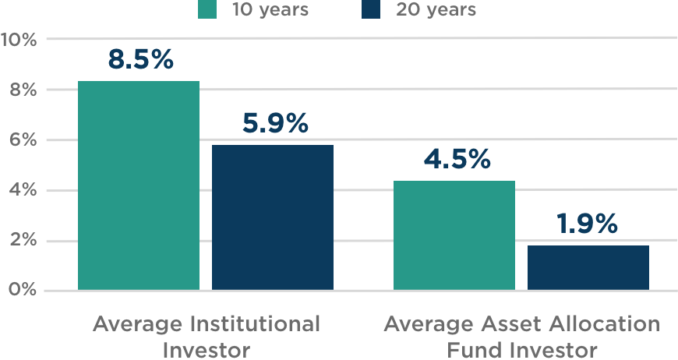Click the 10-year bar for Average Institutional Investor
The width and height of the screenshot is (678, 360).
(139, 186)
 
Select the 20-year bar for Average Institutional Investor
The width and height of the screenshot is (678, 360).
(273, 218)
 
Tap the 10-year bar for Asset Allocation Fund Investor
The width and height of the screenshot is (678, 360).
(454, 235)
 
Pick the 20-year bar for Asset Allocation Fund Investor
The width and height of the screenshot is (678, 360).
(588, 268)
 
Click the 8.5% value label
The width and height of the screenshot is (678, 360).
(140, 60)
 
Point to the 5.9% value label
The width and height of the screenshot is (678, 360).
(274, 123)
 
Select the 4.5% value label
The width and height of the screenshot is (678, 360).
(457, 160)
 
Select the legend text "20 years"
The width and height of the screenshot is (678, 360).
(436, 10)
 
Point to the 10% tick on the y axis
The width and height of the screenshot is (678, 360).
(19, 39)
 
